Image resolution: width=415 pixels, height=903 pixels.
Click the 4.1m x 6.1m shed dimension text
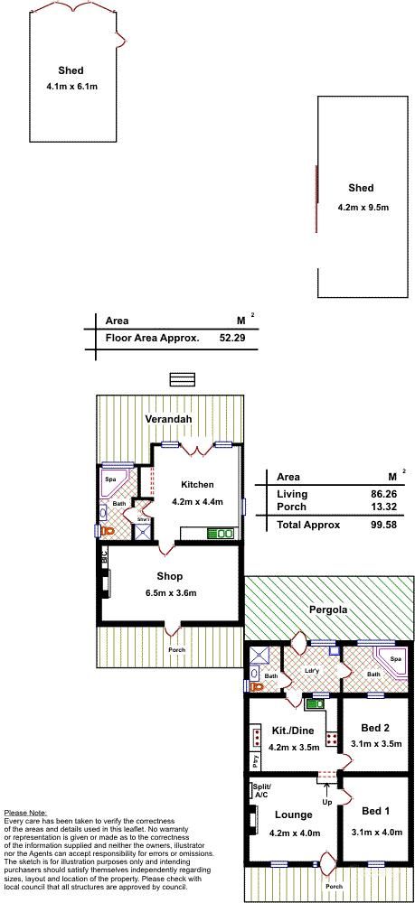click(x=71, y=87)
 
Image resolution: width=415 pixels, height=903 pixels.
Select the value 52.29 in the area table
click(x=232, y=338)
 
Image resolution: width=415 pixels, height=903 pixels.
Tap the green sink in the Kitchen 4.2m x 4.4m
click(x=220, y=534)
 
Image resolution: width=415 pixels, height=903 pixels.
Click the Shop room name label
click(x=169, y=576)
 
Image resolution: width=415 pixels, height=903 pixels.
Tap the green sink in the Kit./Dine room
click(x=316, y=703)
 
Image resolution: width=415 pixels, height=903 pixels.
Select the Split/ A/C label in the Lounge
click(x=260, y=792)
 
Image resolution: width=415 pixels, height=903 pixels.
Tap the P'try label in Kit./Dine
click(x=256, y=759)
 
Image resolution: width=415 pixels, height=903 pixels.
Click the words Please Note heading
click(x=24, y=812)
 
